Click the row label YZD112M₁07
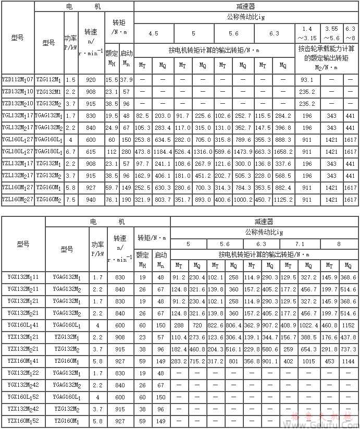tap(18, 80)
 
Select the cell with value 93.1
tap(307, 80)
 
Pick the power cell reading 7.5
tap(71, 200)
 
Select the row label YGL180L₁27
tap(18, 152)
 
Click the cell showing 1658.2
tap(283, 152)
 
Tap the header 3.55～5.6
tap(332, 33)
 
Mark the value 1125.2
tap(283, 200)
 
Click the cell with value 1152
tap(348, 324)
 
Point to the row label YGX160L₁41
tap(24, 324)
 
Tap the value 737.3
tap(348, 348)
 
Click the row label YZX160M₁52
tap(24, 421)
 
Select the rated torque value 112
tap(111, 152)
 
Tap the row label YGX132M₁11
tap(24, 276)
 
